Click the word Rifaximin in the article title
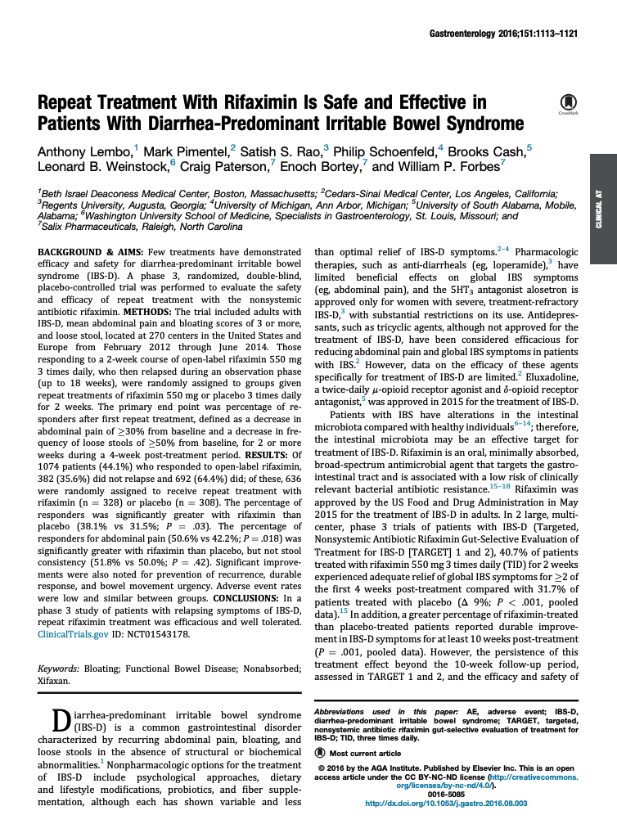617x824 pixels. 272,103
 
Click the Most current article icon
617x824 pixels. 320,752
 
